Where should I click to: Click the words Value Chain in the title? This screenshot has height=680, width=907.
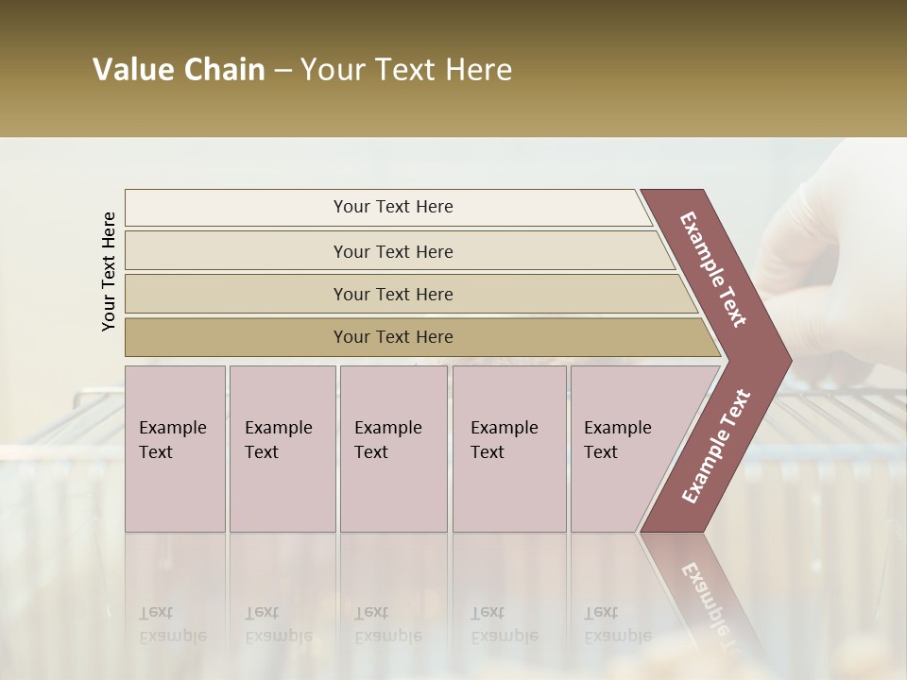click(179, 70)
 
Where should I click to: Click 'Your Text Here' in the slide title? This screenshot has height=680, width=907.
click(406, 70)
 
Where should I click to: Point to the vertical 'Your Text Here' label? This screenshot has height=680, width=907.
click(109, 271)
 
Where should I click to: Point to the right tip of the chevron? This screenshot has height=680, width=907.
click(786, 361)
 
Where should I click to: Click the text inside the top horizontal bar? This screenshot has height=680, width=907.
click(393, 207)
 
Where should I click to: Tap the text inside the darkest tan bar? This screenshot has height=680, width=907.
click(393, 337)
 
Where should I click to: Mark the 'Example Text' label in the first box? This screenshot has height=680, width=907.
click(172, 439)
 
